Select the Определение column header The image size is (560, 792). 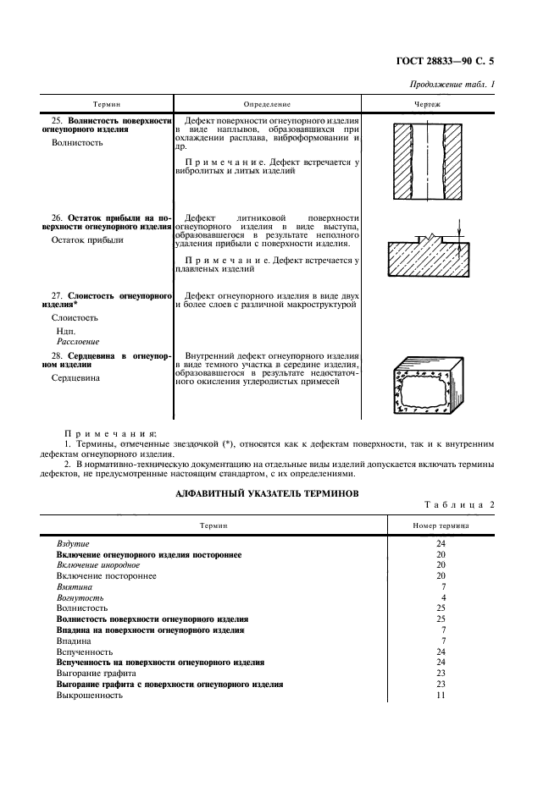pyautogui.click(x=267, y=104)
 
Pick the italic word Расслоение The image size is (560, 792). pyautogui.click(x=78, y=341)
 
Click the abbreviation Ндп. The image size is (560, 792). pyautogui.click(x=65, y=330)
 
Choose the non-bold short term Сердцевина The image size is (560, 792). pyautogui.click(x=76, y=378)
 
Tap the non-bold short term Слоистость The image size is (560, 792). pyautogui.click(x=75, y=317)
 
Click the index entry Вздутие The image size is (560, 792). pyautogui.click(x=73, y=543)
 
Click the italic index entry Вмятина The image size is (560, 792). pyautogui.click(x=75, y=586)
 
